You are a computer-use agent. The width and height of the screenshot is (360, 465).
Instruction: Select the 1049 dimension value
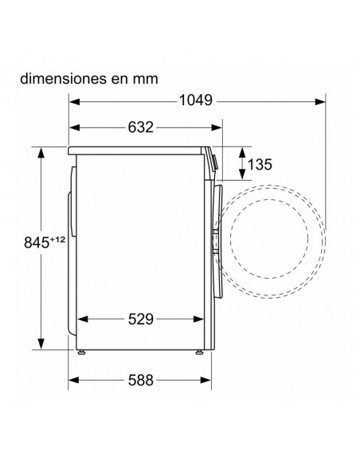193,101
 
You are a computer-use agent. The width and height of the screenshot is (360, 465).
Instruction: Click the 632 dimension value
140,127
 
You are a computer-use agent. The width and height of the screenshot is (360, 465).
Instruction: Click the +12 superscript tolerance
55,238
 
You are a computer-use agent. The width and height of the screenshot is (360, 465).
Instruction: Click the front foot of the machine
195,350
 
